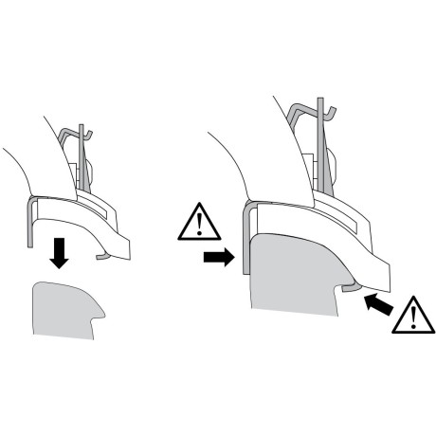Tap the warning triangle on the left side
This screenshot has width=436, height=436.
click(x=198, y=224)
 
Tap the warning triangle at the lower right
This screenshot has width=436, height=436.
click(x=410, y=315)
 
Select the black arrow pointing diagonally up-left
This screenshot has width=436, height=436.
click(x=376, y=305)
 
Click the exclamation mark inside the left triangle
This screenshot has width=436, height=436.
click(x=198, y=227)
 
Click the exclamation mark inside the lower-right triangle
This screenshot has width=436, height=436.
click(x=410, y=318)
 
